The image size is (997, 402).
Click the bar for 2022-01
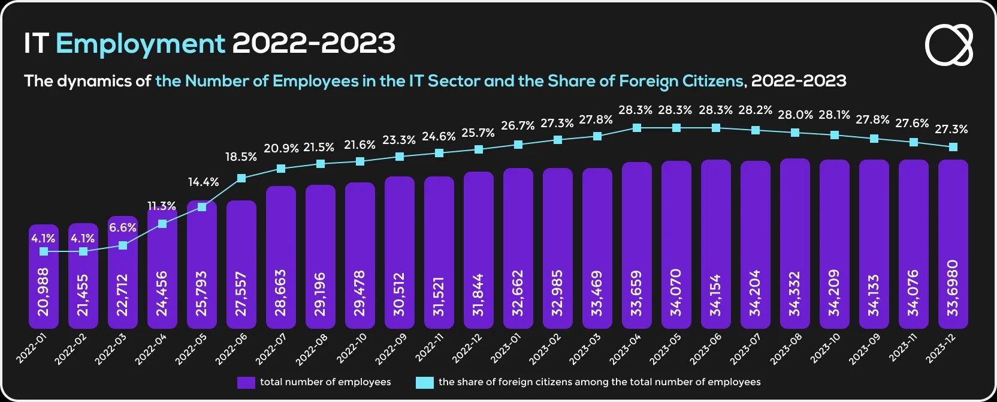tap(44, 282)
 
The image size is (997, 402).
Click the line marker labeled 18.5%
tap(241, 178)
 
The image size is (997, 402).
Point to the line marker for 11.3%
tap(162, 224)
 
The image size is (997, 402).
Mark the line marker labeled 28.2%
tap(756, 130)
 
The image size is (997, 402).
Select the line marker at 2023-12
tap(953, 147)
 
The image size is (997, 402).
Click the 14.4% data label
tap(204, 182)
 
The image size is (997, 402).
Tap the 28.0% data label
tap(795, 115)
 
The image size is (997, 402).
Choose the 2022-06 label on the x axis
tap(231, 349)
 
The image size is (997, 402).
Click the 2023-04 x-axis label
tap(626, 349)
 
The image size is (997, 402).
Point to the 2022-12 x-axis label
tap(467, 349)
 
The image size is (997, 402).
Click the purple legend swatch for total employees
tap(246, 382)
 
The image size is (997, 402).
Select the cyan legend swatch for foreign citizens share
tap(424, 382)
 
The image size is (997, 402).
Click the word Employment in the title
tap(140, 43)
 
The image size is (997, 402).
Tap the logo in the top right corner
tap(949, 45)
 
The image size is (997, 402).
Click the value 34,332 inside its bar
tap(795, 293)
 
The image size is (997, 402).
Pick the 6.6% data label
tap(123, 227)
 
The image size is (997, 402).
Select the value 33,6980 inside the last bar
tap(953, 288)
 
